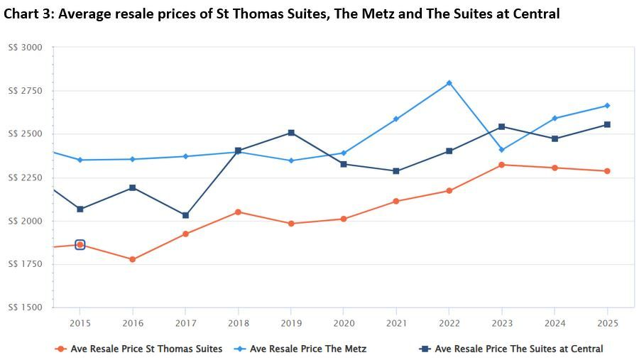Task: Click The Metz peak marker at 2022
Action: tap(449, 83)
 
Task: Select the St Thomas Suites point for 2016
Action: tap(132, 259)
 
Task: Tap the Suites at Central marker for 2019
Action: tap(290, 133)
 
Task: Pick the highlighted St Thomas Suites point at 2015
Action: tap(80, 245)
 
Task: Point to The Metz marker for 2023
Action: tap(501, 150)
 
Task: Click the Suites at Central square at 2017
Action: tap(185, 215)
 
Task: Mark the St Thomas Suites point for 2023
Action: tap(501, 165)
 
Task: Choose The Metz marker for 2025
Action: tap(607, 106)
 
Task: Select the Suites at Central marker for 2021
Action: tap(396, 171)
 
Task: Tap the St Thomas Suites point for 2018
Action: tap(238, 212)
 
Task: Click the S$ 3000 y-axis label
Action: tap(25, 48)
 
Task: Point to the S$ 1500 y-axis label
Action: tap(25, 307)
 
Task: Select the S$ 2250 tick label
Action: tap(25, 178)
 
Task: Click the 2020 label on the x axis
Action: tap(343, 323)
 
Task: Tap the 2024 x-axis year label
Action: tap(554, 323)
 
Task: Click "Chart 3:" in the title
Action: tap(28, 13)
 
